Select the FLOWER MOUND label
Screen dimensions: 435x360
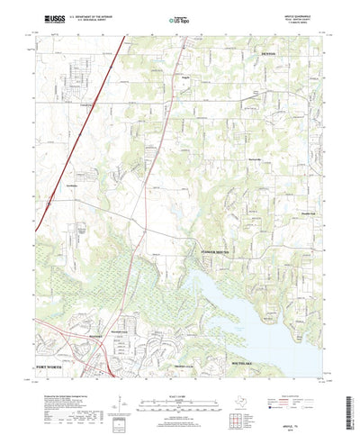214,251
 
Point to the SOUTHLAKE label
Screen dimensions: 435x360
225,338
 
